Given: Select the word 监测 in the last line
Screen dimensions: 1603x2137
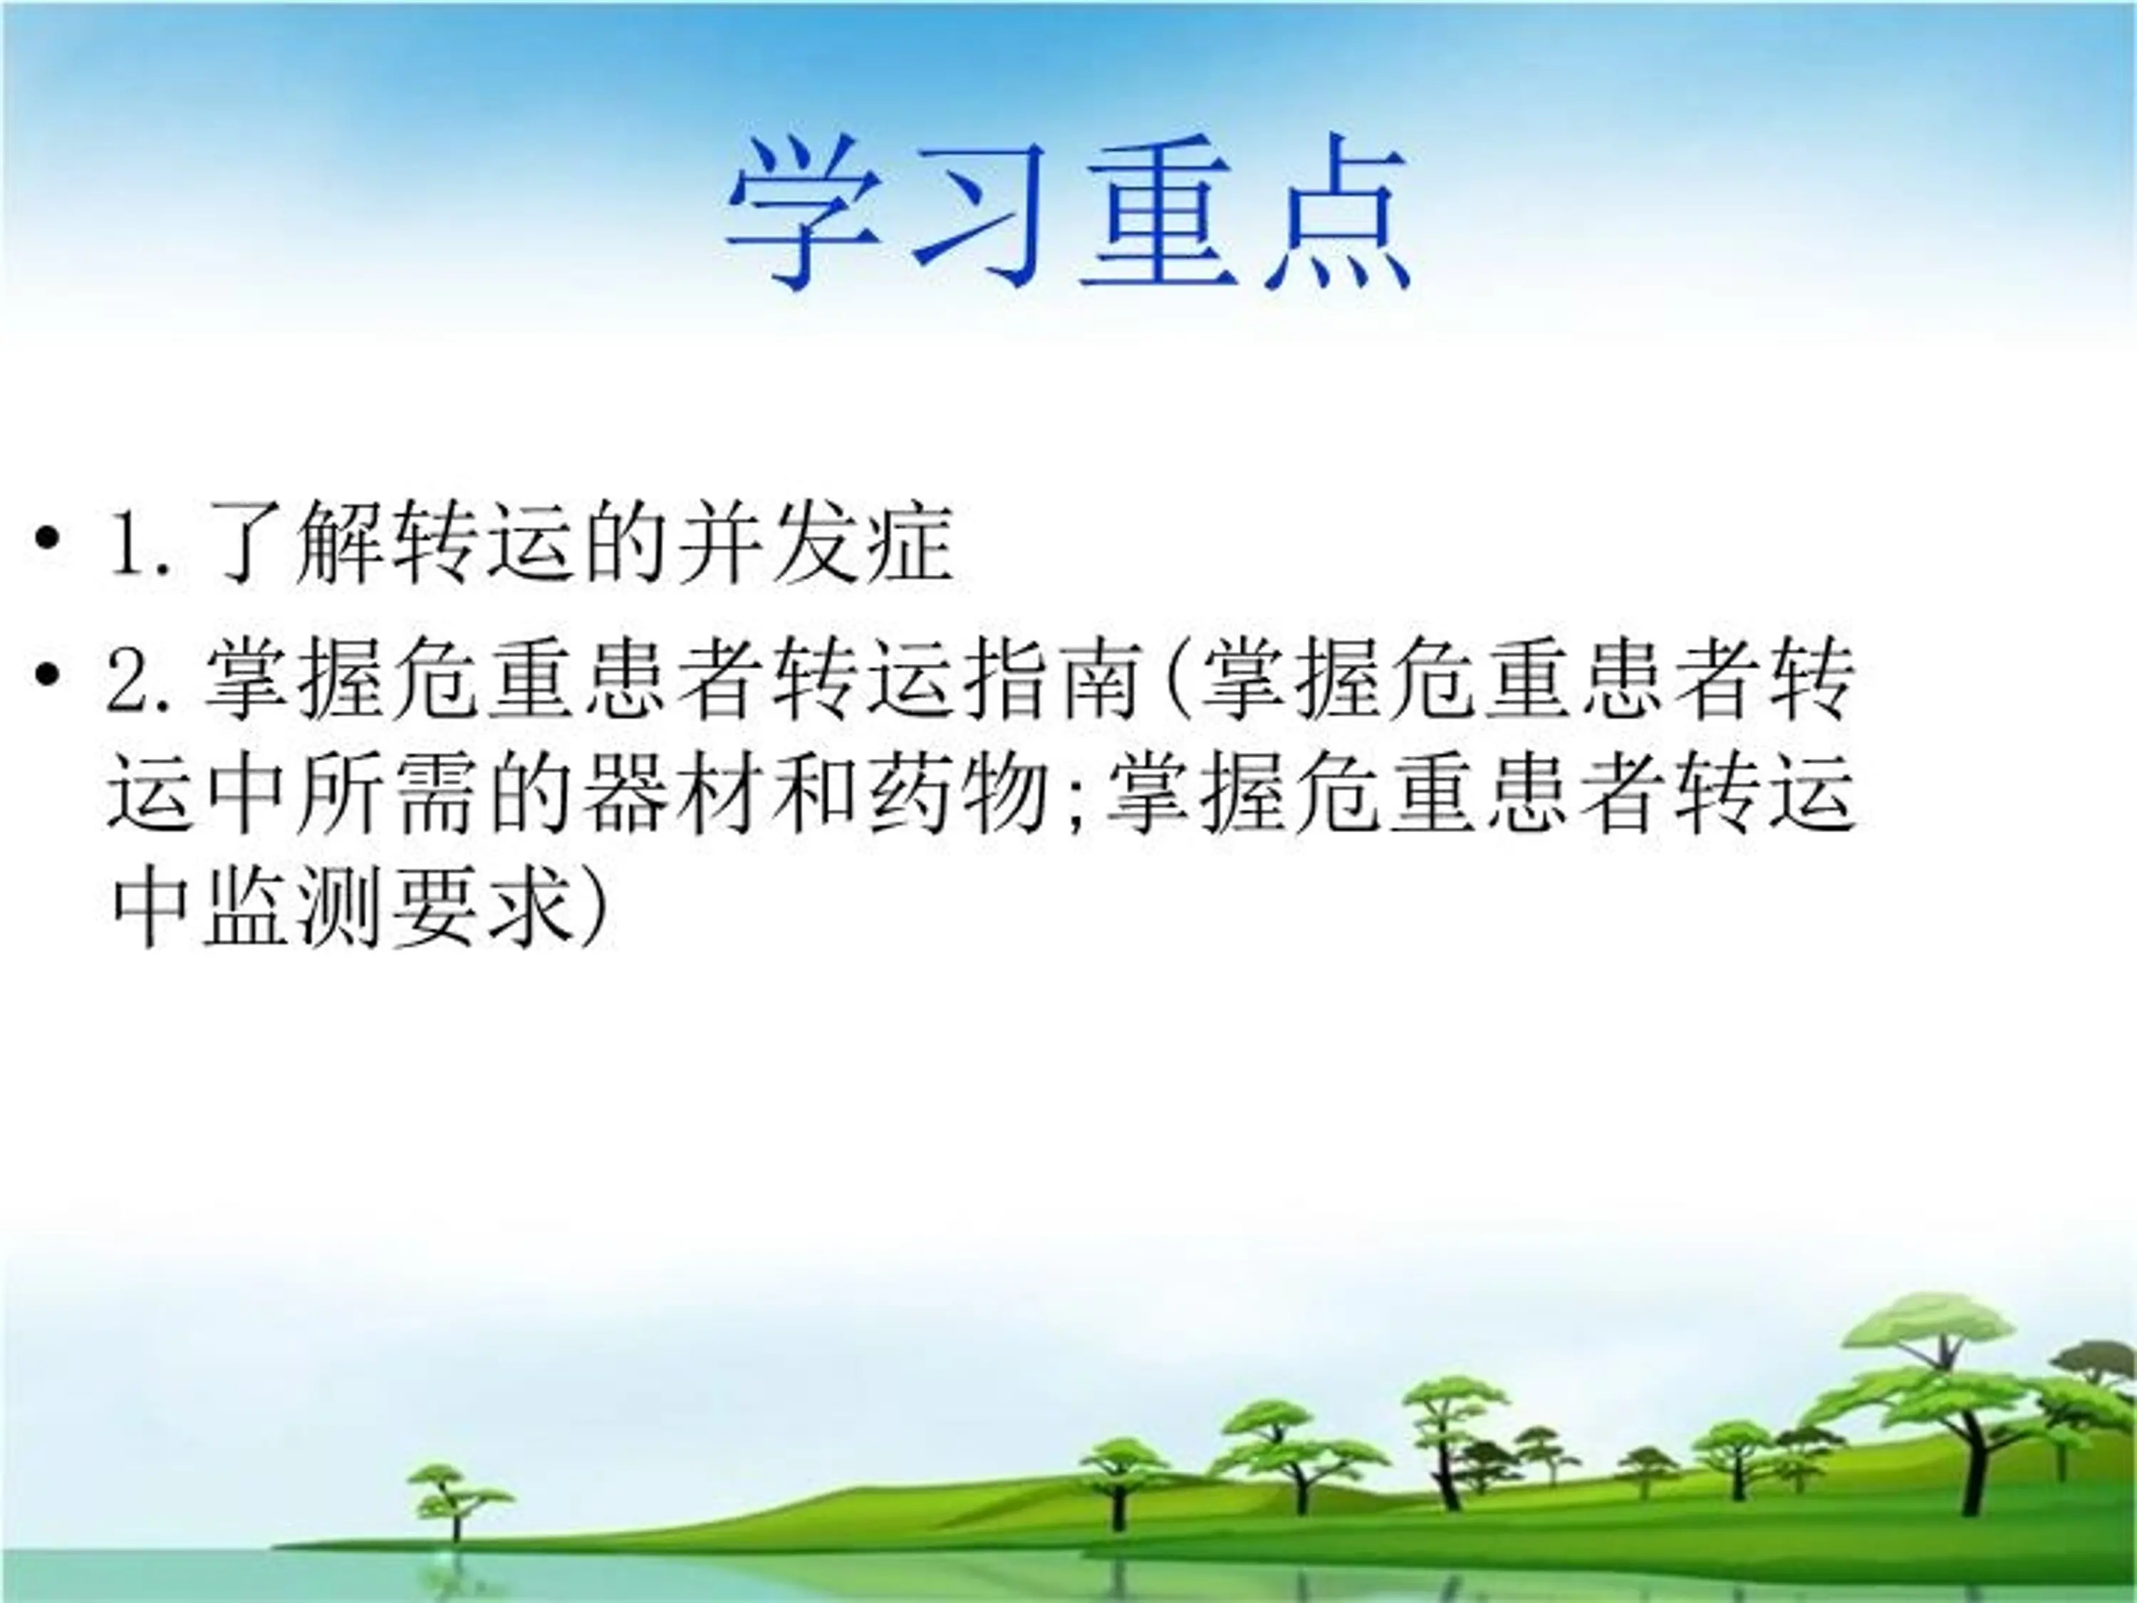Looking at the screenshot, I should pos(295,908).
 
